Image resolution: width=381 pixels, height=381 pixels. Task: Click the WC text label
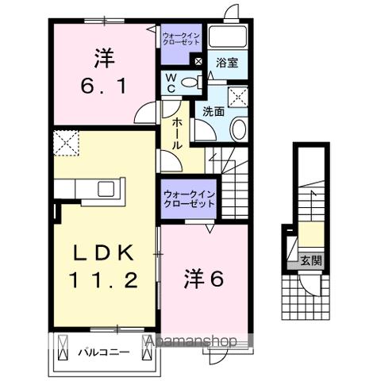click(171, 81)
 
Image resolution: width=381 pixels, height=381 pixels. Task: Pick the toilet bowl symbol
click(190, 81)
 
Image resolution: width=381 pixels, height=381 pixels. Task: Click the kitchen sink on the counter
click(105, 190)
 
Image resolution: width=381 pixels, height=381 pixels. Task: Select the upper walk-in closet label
click(182, 39)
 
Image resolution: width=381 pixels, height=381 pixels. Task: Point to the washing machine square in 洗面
click(237, 97)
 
